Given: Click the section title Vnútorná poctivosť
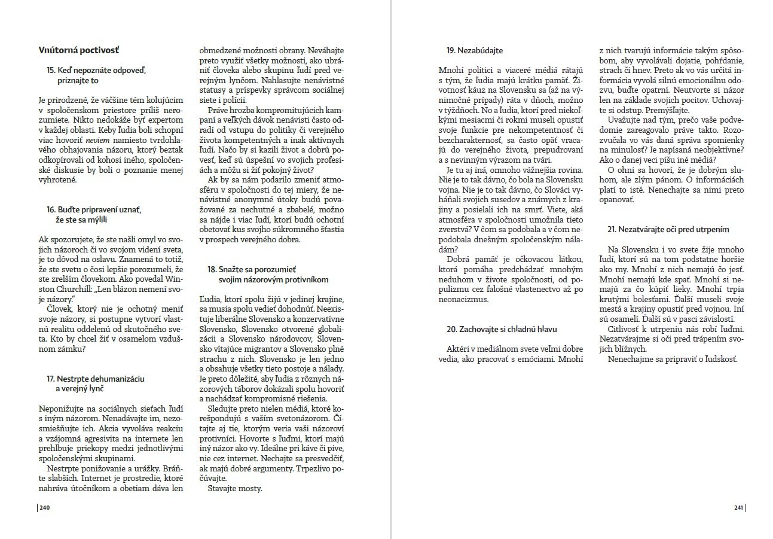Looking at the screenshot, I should pyautogui.click(x=82, y=49).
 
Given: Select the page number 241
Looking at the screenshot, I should pyautogui.click(x=738, y=508).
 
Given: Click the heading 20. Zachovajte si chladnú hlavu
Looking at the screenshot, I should pyautogui.click(x=502, y=330).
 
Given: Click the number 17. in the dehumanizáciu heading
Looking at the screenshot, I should pyautogui.click(x=51, y=379).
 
